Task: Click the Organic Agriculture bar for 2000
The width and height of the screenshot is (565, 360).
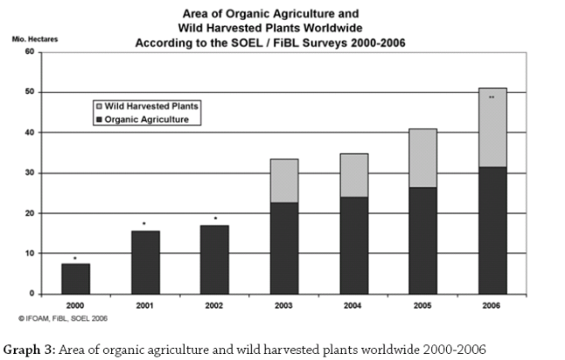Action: (x=76, y=278)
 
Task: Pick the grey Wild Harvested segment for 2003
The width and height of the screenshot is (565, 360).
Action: (x=284, y=180)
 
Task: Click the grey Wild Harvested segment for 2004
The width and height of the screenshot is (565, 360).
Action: (x=353, y=175)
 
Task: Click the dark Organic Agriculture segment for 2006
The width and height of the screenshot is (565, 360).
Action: (x=492, y=230)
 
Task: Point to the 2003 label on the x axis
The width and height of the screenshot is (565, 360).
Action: (x=284, y=305)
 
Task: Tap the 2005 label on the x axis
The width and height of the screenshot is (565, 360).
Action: (x=423, y=305)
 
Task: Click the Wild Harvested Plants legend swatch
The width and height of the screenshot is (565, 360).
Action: (x=98, y=106)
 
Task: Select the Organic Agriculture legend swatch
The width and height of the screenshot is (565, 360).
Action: (x=98, y=120)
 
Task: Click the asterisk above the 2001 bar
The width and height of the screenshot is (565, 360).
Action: (x=145, y=224)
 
